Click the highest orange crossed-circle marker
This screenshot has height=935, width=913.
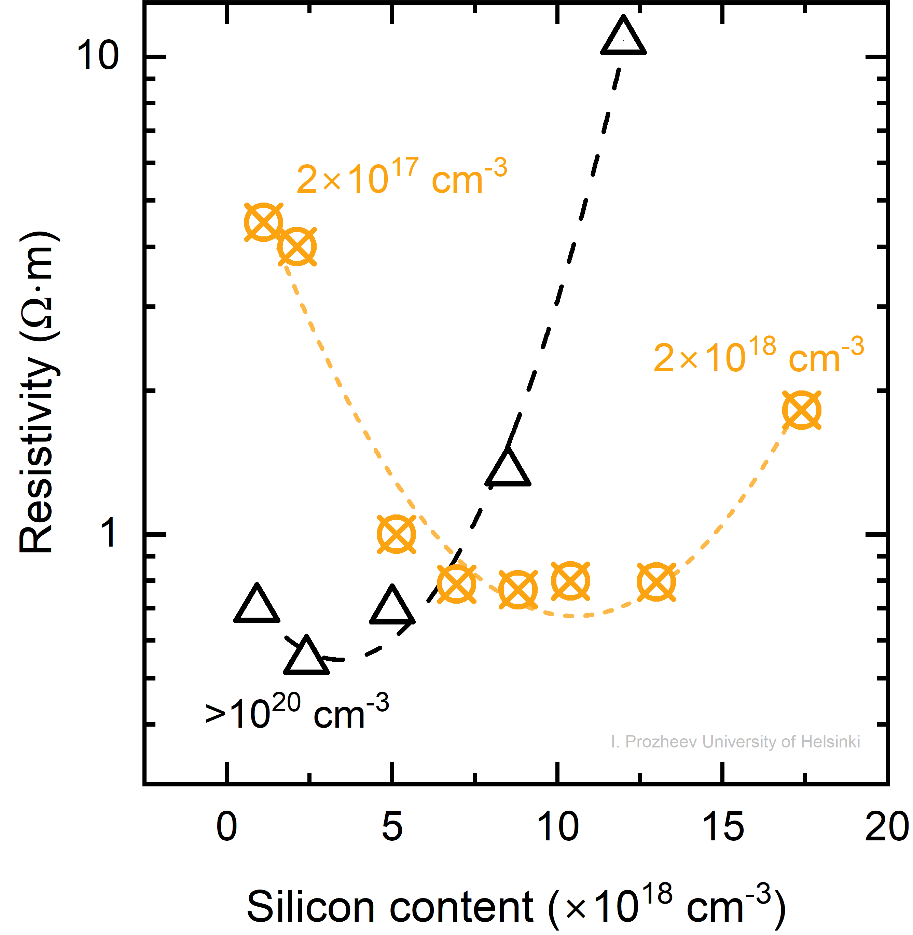[263, 222]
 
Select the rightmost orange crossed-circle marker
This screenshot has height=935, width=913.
[801, 410]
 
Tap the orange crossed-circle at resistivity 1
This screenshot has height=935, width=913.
[396, 534]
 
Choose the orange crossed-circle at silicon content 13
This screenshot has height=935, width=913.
[656, 582]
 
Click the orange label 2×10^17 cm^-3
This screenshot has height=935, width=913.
[401, 177]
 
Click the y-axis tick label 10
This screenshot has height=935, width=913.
[97, 56]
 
